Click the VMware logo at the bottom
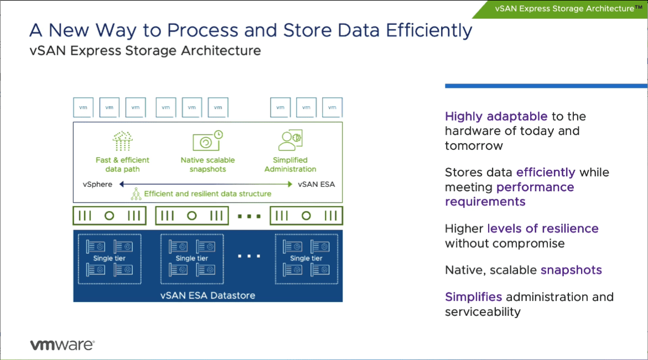(62, 345)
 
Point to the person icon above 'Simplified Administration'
(290, 140)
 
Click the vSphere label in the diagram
(97, 184)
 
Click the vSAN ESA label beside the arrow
(316, 184)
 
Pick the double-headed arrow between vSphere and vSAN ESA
(205, 184)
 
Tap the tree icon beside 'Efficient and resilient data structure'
(136, 194)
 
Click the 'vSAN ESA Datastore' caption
(208, 295)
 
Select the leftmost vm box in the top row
(83, 107)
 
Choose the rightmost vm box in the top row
(332, 107)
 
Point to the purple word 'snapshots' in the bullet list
(571, 270)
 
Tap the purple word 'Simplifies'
(473, 297)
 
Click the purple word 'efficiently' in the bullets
(546, 173)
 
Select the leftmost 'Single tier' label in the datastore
(109, 258)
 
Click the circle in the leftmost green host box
(109, 216)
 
